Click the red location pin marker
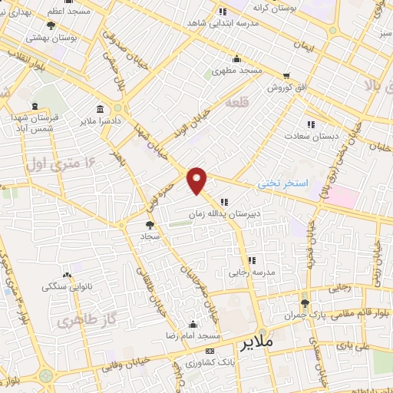[x=197, y=180]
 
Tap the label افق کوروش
[x=286, y=88]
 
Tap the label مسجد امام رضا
[x=193, y=336]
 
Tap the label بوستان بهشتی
[x=51, y=36]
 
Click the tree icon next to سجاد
[x=149, y=225]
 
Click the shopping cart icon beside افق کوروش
[x=286, y=76]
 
